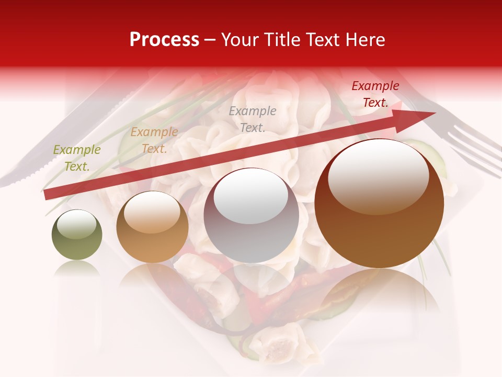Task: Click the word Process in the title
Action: (x=164, y=40)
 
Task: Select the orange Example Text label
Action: (x=154, y=140)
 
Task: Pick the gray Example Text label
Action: (x=253, y=119)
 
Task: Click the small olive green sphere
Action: (x=77, y=235)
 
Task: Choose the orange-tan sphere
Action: (x=152, y=227)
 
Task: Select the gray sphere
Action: (x=252, y=216)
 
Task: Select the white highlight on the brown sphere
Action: (x=378, y=175)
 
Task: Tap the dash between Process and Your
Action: (x=210, y=40)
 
